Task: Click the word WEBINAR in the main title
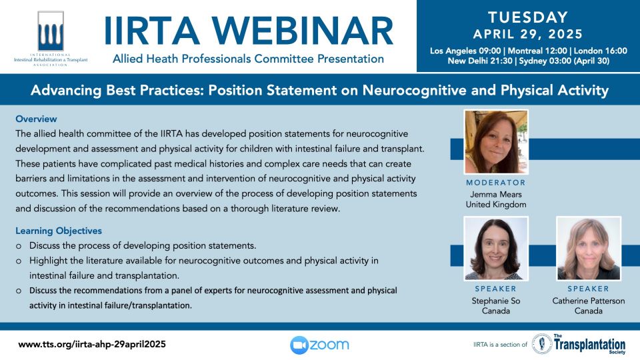coord(303,31)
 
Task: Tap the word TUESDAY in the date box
coord(528,17)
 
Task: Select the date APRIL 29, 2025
coord(528,34)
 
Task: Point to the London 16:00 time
coord(601,51)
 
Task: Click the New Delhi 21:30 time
coord(480,61)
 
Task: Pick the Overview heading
coord(36,119)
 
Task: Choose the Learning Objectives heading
coord(59,231)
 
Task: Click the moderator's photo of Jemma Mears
coord(496,141)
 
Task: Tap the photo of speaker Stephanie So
coord(496,249)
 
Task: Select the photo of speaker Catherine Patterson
coord(589,249)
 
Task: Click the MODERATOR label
coord(496,183)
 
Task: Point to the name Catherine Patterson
coord(589,301)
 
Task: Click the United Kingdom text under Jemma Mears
coord(496,205)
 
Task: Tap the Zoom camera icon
coord(299,345)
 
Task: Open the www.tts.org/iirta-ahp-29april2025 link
coord(92,344)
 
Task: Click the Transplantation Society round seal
coord(542,344)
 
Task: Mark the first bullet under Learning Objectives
coord(19,246)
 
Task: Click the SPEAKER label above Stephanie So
coord(496,289)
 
